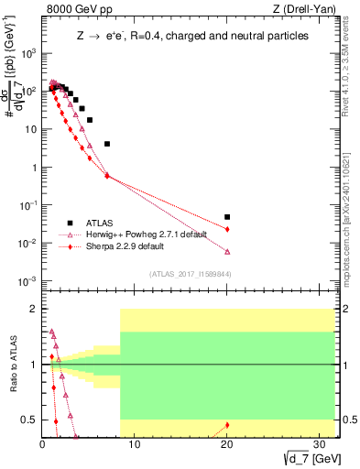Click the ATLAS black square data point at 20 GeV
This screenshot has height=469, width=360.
pos(227,217)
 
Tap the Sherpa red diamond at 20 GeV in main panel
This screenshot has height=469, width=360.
pos(227,229)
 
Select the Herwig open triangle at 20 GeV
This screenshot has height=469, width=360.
pos(227,252)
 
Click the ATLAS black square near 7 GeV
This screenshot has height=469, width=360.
pos(107,144)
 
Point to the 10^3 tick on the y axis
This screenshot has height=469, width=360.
pos(28,53)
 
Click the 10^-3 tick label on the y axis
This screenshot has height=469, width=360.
pos(28,281)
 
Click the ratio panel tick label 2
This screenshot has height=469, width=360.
pos(33,310)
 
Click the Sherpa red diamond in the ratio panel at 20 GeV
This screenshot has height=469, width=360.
pos(227,425)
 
